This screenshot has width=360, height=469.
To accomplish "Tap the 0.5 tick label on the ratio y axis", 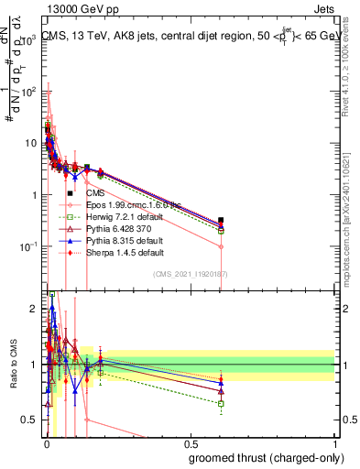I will tap(29, 420).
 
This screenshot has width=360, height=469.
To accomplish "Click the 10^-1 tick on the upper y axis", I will tap(27, 247).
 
